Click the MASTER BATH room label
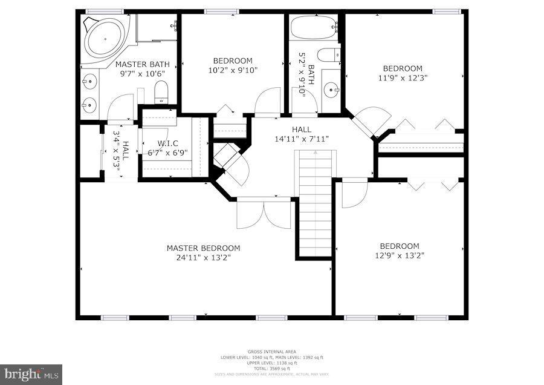(x=142, y=64)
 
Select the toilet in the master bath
(x=161, y=93)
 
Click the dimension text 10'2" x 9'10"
(x=232, y=70)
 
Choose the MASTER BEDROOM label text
(x=203, y=248)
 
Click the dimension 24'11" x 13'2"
(x=203, y=257)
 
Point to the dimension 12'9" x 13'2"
(x=399, y=255)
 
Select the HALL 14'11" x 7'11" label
(x=302, y=134)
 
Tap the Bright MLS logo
(x=31, y=374)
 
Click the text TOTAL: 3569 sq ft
(x=271, y=369)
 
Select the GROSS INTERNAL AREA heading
(x=271, y=352)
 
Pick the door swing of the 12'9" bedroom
(x=353, y=194)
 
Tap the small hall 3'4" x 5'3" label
(x=121, y=154)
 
